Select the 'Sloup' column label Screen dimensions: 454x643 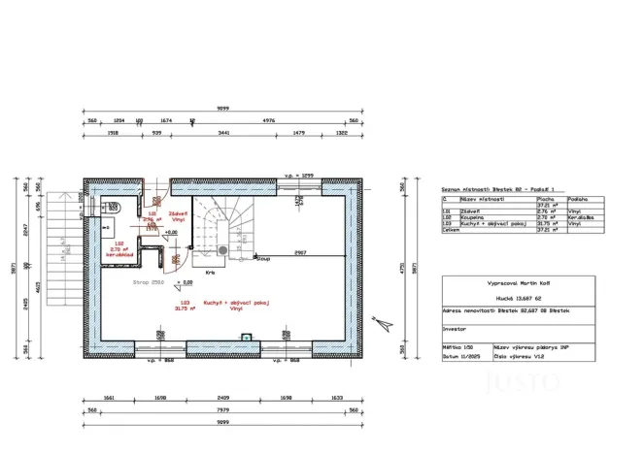[264, 259]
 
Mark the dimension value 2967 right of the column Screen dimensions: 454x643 [301, 252]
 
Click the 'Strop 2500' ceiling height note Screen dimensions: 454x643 [147, 282]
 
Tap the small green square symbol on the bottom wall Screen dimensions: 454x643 [247, 337]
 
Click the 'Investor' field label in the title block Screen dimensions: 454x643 [455, 329]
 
